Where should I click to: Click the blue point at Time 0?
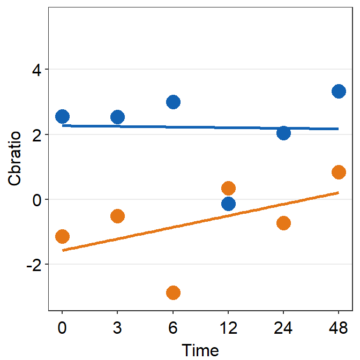tap(62, 116)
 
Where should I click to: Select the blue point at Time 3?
tap(117, 117)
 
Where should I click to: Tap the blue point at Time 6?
tap(173, 102)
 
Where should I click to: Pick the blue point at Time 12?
tap(228, 204)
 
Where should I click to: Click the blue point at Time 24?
tap(283, 133)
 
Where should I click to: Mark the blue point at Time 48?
tap(339, 91)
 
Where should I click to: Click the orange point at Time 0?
tap(62, 236)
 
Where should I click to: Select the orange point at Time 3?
tap(117, 216)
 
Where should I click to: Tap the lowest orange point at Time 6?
tap(173, 292)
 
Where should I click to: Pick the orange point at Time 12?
tap(228, 188)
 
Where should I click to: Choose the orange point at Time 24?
tap(283, 223)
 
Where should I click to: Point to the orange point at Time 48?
tap(339, 172)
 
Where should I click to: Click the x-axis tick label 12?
tap(228, 327)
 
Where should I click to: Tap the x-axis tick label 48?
tap(339, 327)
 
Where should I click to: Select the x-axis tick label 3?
tap(117, 327)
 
